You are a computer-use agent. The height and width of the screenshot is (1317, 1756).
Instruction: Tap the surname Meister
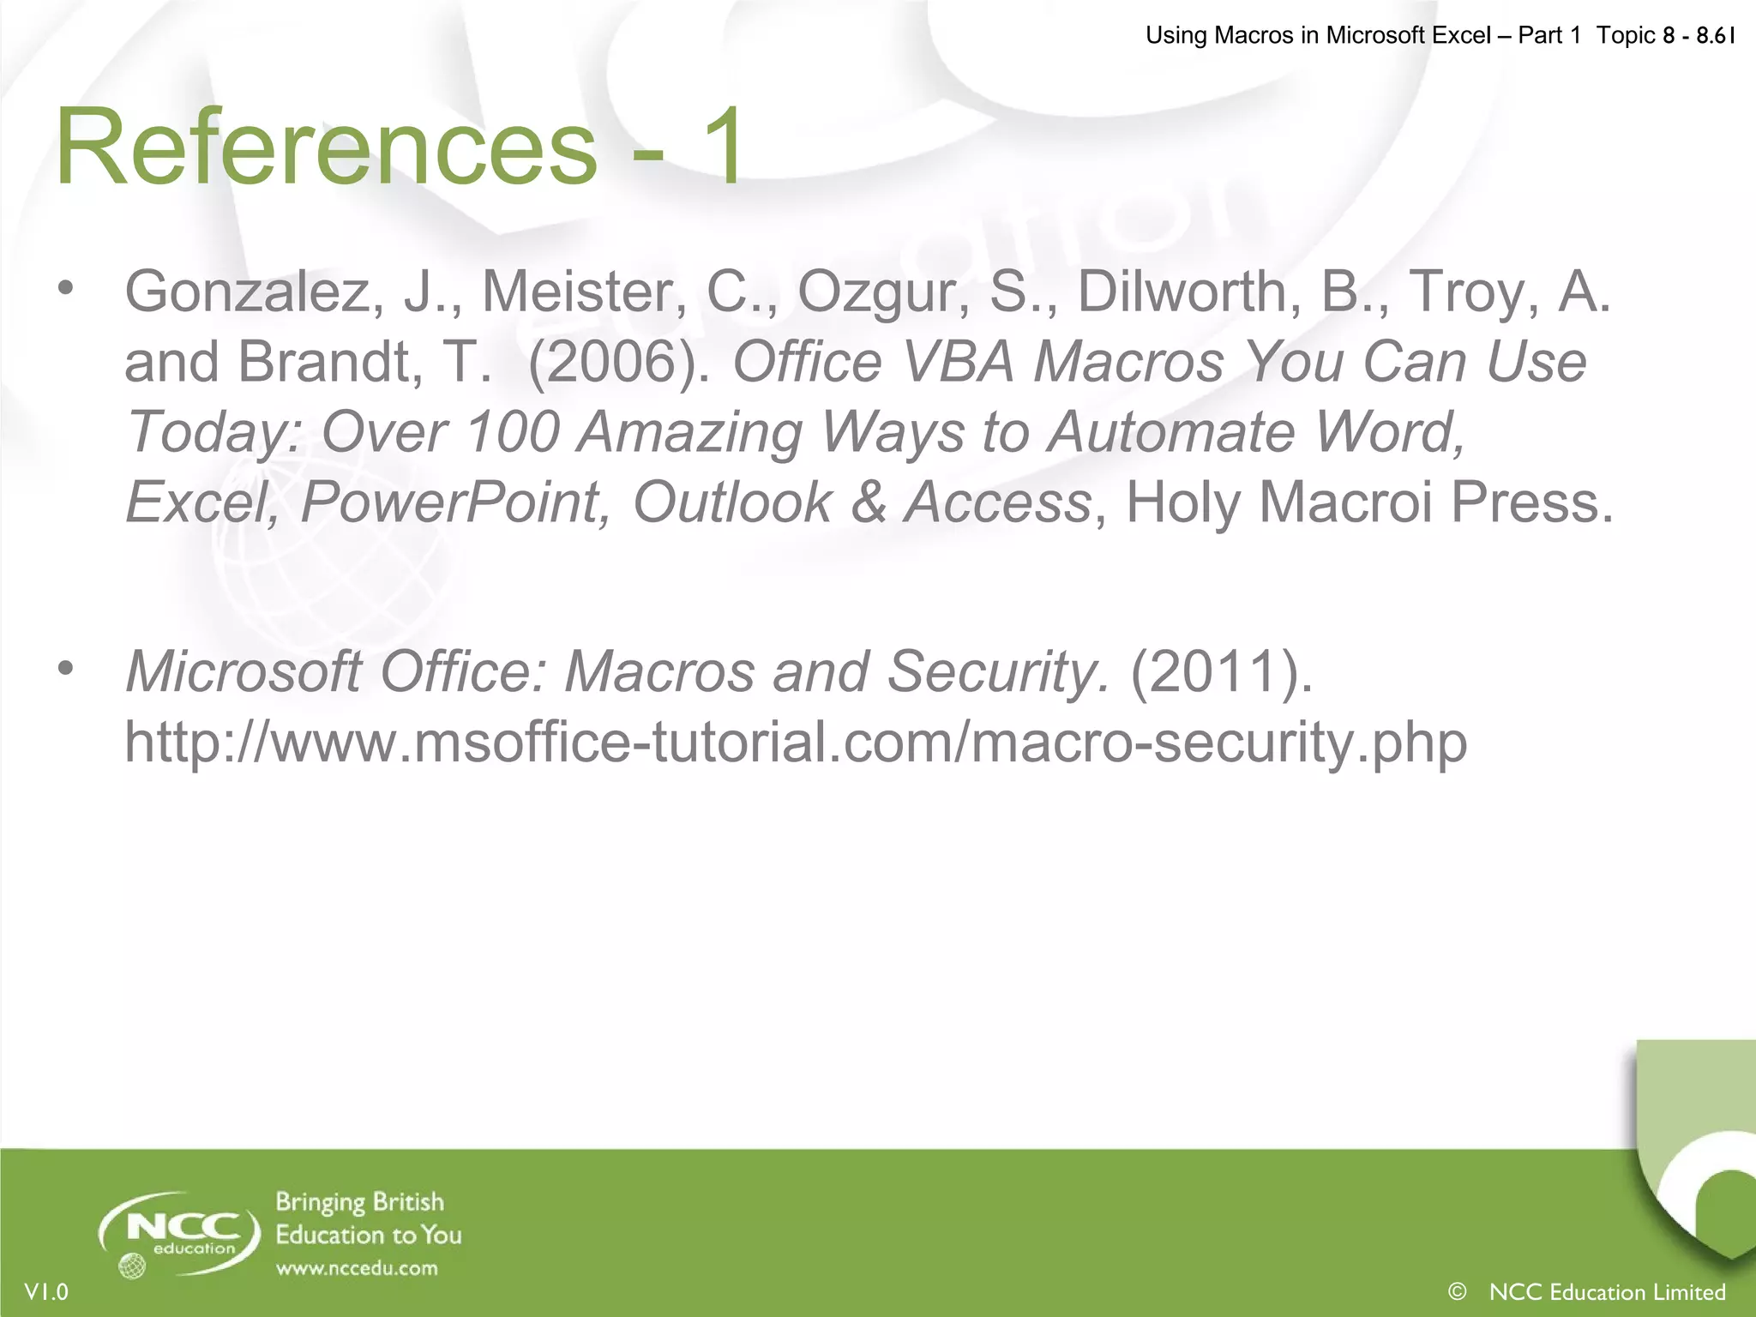point(584,292)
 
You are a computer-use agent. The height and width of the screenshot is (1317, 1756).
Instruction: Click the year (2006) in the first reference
point(619,362)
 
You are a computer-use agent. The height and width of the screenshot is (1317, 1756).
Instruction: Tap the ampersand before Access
point(868,502)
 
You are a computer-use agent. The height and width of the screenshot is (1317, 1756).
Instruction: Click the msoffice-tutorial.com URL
point(795,742)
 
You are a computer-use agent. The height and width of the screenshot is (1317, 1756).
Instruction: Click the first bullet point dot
point(67,288)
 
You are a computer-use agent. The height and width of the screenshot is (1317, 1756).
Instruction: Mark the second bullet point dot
point(67,668)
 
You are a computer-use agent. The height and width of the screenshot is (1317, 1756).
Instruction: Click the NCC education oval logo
point(179,1234)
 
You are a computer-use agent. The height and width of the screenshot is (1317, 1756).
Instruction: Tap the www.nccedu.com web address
point(357,1268)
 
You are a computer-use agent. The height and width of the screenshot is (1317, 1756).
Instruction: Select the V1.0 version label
point(46,1291)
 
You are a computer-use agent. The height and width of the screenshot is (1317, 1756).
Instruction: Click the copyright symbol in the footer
point(1456,1291)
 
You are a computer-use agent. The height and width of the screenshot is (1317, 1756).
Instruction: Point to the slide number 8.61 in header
point(1716,35)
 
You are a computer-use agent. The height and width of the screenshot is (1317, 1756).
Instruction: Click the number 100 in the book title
point(512,432)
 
